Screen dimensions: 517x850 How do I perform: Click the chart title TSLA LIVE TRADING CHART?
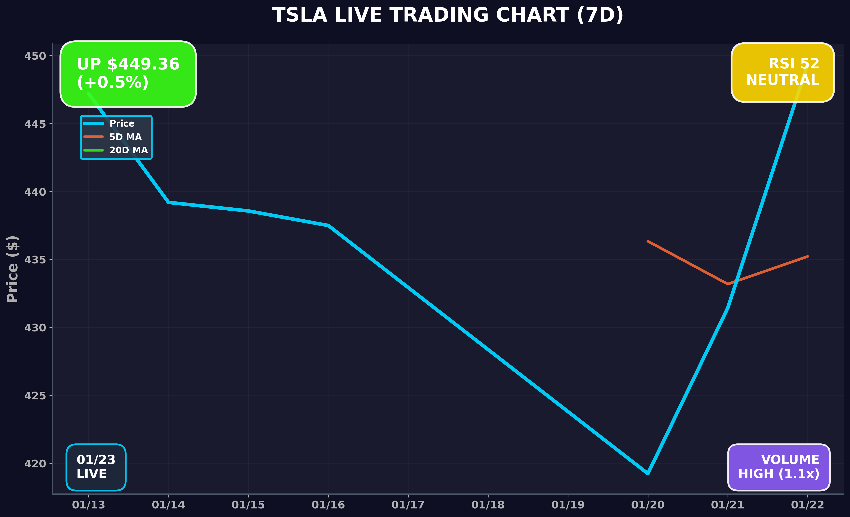click(448, 16)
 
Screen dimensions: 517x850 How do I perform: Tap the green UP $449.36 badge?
click(128, 74)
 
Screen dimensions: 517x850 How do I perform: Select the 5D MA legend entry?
click(125, 137)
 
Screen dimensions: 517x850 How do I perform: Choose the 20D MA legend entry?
click(128, 150)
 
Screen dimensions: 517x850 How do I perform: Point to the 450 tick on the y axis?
click(35, 56)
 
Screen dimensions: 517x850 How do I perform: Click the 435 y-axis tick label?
click(35, 260)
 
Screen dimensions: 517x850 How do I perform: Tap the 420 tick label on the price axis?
click(35, 464)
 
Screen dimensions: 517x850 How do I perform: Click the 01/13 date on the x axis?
click(88, 505)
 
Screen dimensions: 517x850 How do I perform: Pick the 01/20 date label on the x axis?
click(648, 505)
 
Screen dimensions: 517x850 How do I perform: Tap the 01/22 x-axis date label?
click(807, 505)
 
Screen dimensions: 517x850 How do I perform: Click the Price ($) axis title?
click(13, 269)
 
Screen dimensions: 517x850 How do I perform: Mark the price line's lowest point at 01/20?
click(648, 474)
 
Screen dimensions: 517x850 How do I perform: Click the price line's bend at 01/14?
click(168, 202)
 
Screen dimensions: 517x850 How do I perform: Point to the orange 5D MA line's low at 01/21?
click(728, 284)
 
